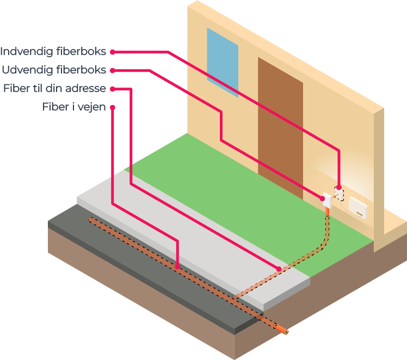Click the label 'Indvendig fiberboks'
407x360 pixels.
[x=53, y=52]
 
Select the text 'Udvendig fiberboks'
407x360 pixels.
[x=54, y=70]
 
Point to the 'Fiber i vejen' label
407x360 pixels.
[x=74, y=107]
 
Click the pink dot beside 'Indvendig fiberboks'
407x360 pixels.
[x=113, y=52]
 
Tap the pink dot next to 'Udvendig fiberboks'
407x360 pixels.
[x=113, y=70]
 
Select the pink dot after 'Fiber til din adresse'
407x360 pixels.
[x=113, y=88]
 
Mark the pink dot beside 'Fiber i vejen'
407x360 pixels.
[x=113, y=107]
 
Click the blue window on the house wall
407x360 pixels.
[x=222, y=61]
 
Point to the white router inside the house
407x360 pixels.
[x=360, y=207]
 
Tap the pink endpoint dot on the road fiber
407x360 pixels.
[x=177, y=266]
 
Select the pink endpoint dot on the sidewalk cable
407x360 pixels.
[x=279, y=269]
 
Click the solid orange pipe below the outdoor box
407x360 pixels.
[x=327, y=210]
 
